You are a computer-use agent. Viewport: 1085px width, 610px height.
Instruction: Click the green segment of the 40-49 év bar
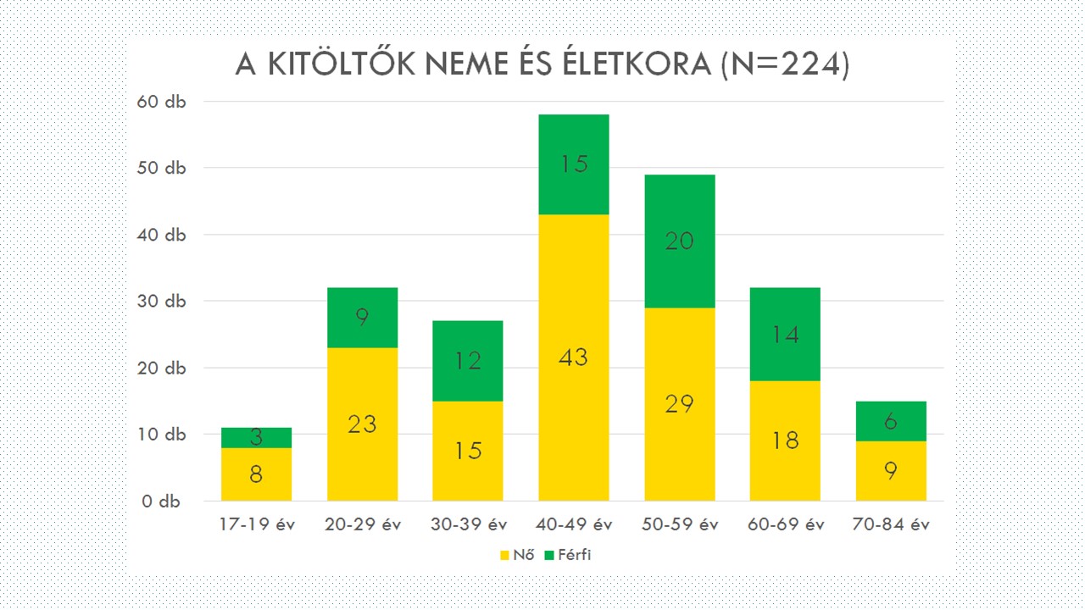(x=573, y=164)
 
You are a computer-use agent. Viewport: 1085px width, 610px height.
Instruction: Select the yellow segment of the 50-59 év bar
(x=679, y=403)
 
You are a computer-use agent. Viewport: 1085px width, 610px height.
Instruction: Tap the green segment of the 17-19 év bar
(x=256, y=437)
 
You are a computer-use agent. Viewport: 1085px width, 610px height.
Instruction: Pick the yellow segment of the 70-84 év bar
(x=890, y=470)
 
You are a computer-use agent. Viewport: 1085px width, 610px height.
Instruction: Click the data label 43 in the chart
(x=573, y=358)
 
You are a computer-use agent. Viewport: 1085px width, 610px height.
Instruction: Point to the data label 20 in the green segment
(x=679, y=241)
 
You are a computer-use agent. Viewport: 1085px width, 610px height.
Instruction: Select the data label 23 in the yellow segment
(x=362, y=424)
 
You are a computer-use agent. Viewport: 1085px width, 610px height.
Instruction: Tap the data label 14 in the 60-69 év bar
(x=785, y=335)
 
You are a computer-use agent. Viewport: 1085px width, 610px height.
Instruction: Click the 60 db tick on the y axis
(x=161, y=101)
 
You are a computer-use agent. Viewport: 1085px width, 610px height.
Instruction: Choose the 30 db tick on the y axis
(x=161, y=301)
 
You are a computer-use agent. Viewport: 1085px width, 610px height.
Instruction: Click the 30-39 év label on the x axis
(x=468, y=524)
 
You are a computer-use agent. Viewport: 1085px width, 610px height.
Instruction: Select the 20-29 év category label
(x=362, y=524)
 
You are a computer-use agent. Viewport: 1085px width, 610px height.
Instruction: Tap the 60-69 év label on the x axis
(x=785, y=524)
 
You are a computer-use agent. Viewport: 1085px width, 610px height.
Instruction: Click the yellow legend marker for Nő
(x=504, y=556)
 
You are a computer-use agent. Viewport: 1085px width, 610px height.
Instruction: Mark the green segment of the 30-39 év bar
(x=468, y=361)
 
